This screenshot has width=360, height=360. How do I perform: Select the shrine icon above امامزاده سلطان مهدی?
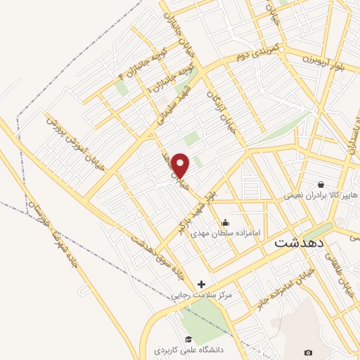tap(225, 224)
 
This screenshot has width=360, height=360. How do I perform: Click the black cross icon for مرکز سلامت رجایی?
tap(202, 284)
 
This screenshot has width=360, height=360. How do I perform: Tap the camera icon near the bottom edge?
tap(308, 352)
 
